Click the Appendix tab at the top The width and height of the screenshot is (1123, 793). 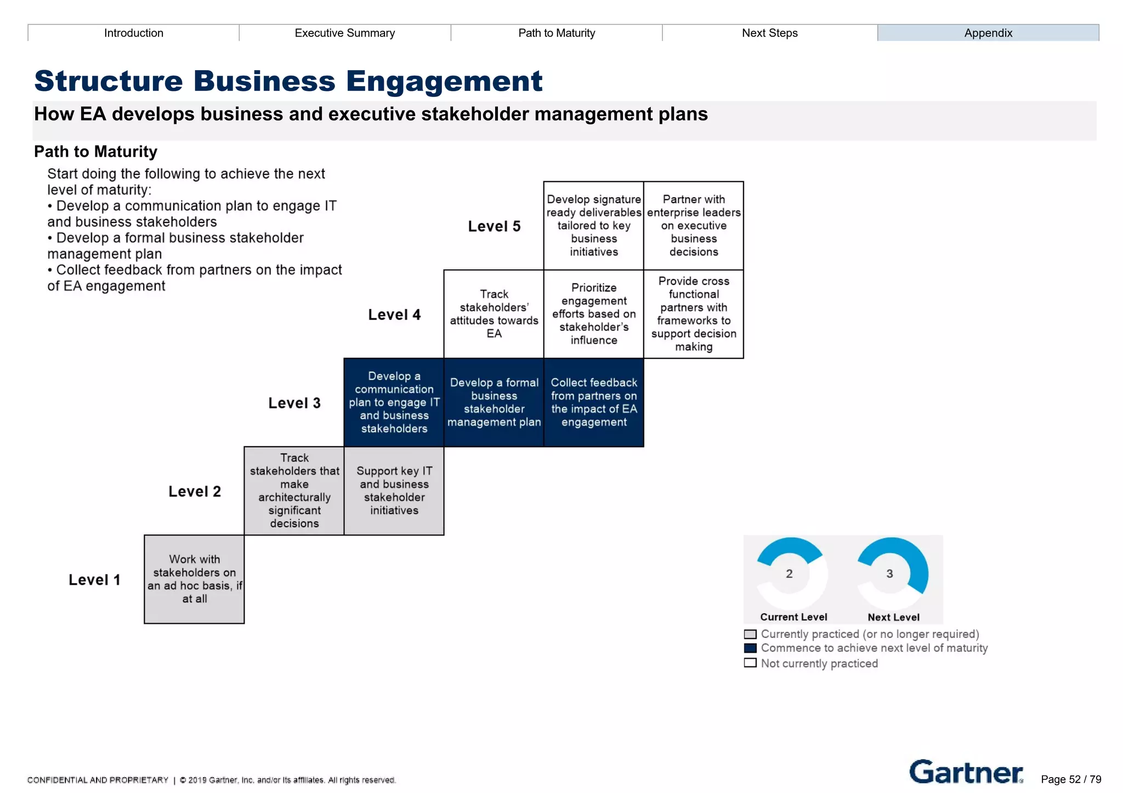[x=988, y=33]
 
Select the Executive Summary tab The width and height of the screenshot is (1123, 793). [x=344, y=33]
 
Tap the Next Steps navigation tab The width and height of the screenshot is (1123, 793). [x=769, y=33]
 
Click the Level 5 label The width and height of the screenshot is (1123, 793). [x=494, y=226]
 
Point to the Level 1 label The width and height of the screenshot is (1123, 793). [x=94, y=580]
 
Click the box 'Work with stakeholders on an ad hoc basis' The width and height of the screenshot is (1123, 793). [x=194, y=579]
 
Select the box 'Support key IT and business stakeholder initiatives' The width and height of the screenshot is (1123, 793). [x=394, y=490]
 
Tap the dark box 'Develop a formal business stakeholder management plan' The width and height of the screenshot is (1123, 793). [x=494, y=402]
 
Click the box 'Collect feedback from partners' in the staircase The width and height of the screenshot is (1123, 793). [x=593, y=402]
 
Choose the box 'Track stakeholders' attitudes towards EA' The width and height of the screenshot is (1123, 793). [x=494, y=314]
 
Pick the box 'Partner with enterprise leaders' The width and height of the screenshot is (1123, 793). [x=693, y=225]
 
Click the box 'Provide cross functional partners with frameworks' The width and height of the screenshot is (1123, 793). [x=693, y=314]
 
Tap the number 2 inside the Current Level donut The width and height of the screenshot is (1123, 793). [x=789, y=574]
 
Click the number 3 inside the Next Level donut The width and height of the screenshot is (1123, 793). [x=889, y=574]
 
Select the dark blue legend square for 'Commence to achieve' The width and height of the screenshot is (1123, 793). [x=750, y=648]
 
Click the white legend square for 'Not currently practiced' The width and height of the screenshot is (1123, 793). [x=750, y=663]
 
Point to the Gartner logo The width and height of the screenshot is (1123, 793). [x=966, y=772]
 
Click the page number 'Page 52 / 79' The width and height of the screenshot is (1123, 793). [x=1070, y=779]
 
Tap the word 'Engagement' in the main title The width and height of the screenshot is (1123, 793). [x=444, y=81]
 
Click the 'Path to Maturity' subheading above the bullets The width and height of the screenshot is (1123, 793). [x=95, y=151]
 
